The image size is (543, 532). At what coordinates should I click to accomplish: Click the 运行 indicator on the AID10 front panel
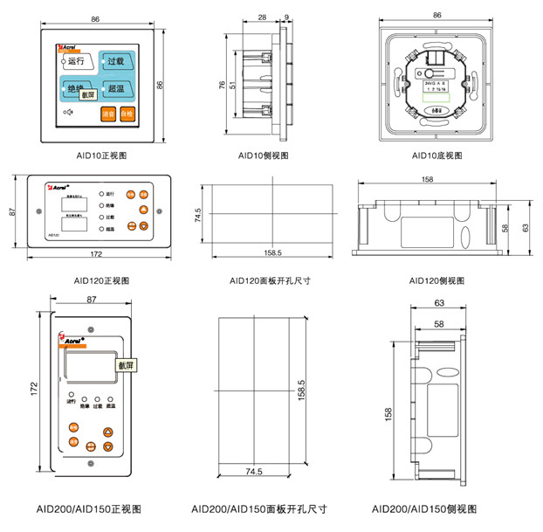coord(74,61)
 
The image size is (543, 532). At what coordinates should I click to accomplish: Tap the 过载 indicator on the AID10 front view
coord(117,61)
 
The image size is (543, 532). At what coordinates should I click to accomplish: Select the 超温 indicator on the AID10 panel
coord(117,89)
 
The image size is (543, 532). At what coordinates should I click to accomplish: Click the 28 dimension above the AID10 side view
coord(263,17)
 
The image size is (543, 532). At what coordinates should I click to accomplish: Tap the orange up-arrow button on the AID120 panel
coord(143,210)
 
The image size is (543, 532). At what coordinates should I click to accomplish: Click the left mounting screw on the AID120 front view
coord(37,211)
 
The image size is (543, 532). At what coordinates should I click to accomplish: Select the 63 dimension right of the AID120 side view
coord(526,227)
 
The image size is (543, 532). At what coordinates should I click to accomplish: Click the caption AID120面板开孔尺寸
coord(271,280)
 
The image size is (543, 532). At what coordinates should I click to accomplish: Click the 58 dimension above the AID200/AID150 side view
coord(437,324)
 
